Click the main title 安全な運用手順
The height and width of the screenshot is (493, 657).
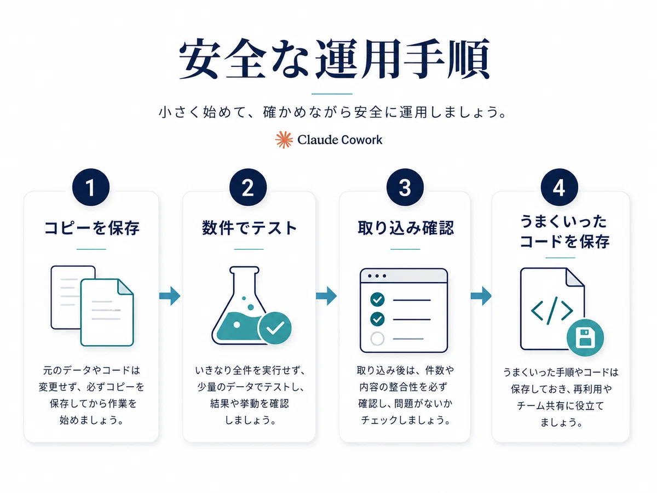click(x=334, y=59)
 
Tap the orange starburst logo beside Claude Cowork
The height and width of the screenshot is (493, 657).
click(x=284, y=140)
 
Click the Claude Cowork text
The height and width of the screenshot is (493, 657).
click(x=340, y=140)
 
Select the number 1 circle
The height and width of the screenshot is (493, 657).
click(x=91, y=187)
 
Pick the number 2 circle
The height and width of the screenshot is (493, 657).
click(x=248, y=187)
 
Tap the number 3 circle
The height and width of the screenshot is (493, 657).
click(x=405, y=187)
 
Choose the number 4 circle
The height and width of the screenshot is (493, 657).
click(x=560, y=187)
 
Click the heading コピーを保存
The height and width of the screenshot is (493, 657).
click(x=91, y=228)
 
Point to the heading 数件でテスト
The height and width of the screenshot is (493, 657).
click(x=249, y=228)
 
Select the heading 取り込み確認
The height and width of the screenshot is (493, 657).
click(x=406, y=228)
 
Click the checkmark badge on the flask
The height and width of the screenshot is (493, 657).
click(x=275, y=328)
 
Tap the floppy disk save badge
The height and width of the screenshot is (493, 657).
click(x=585, y=337)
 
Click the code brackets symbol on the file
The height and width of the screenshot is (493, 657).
click(x=552, y=311)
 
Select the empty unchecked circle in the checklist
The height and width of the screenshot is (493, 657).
click(x=377, y=339)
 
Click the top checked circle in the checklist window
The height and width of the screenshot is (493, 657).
click(x=377, y=299)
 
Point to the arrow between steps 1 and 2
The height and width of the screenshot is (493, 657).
click(x=170, y=296)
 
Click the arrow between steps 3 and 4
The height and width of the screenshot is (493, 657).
click(x=481, y=296)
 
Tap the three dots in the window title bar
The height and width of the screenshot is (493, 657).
click(x=377, y=276)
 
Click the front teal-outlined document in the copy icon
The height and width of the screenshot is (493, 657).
click(x=107, y=312)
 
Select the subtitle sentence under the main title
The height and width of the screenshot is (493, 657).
click(x=332, y=112)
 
